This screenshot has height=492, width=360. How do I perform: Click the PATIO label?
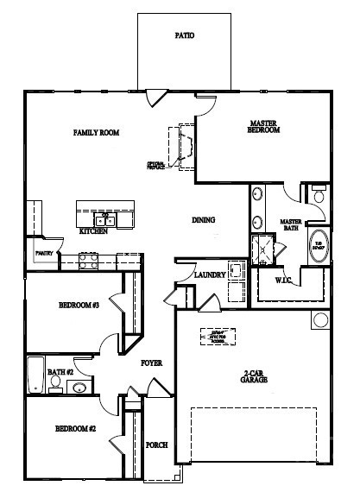coord(185,36)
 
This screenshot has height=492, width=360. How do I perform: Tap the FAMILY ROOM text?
coord(96,133)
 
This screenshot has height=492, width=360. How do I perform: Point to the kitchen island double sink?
coord(106,219)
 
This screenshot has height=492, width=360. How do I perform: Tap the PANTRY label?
coord(44,254)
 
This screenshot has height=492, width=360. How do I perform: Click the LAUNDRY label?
coord(210,275)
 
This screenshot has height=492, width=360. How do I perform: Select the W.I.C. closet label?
coord(287,281)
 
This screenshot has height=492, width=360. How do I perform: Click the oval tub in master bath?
coord(317,245)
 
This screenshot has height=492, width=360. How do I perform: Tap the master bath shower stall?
coord(261,249)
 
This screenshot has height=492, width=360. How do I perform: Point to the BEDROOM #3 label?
coord(79,306)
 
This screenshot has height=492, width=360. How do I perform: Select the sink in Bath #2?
coord(79,387)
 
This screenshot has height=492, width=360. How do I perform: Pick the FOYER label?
coord(152,363)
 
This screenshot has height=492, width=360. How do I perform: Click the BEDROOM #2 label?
coord(75,429)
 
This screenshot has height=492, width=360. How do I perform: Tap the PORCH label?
coord(156,445)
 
